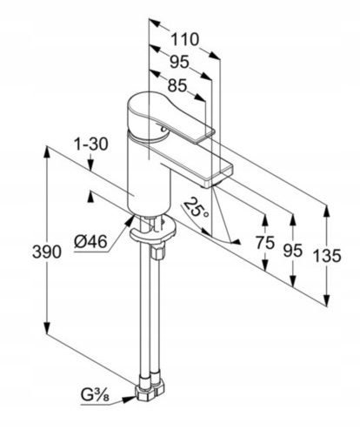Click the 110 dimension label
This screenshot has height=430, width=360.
tap(185, 39)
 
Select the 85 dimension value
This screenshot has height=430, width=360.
tap(177, 85)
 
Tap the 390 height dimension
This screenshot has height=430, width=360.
tap(47, 252)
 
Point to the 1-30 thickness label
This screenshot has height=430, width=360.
tap(90, 144)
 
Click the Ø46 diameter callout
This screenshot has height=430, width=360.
tap(90, 241)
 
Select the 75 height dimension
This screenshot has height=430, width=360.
tap(265, 242)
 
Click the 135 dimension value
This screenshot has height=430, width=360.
tap(327, 256)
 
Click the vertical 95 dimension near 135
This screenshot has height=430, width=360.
tap(293, 251)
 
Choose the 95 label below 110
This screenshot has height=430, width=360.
tap(179, 62)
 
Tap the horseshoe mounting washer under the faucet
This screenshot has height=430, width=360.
tap(153, 231)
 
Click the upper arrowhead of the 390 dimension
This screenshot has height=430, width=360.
tap(46, 153)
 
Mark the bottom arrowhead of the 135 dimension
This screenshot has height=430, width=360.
tap(327, 300)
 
